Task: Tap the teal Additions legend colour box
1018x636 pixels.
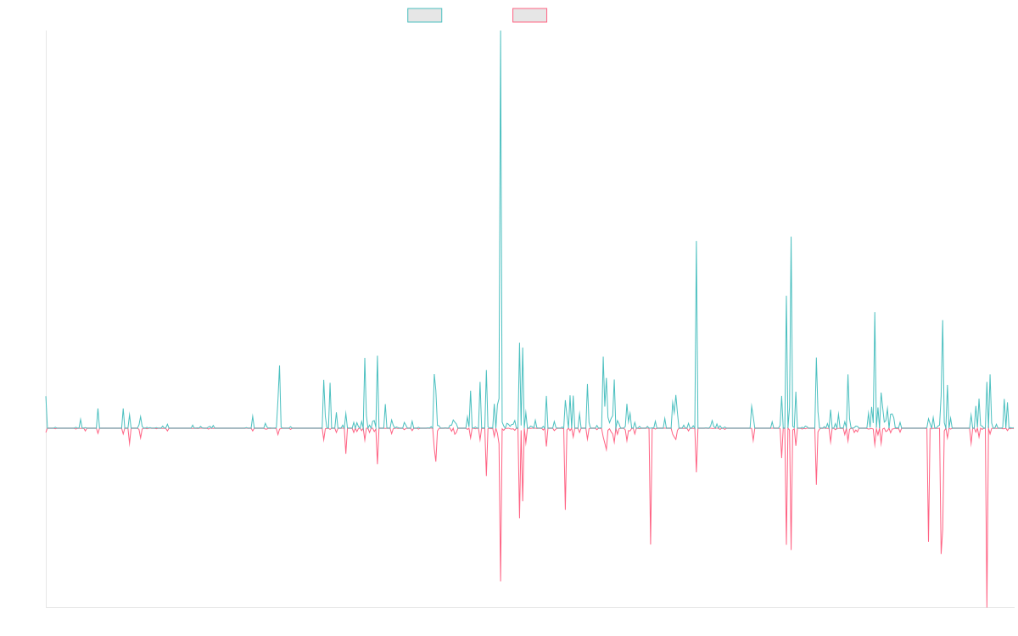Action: coord(425,15)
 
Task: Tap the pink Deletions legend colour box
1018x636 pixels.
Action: coord(530,15)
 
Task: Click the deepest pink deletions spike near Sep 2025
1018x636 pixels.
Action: coord(987,605)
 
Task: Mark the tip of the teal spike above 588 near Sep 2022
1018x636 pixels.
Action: coord(696,242)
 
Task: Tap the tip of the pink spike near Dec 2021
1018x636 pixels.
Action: coord(651,544)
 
